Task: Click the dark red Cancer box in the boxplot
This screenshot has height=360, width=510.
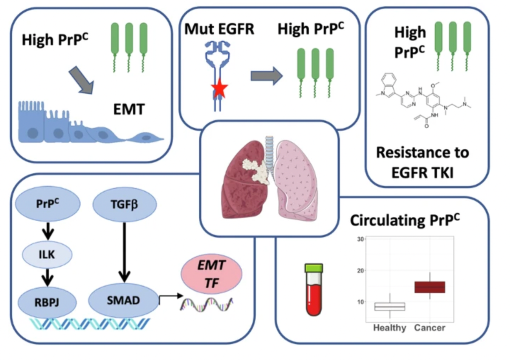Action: click(430, 287)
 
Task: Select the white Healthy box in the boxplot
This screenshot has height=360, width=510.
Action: click(390, 307)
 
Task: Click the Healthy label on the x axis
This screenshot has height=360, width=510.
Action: click(390, 328)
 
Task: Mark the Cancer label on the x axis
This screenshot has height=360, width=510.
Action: click(430, 328)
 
